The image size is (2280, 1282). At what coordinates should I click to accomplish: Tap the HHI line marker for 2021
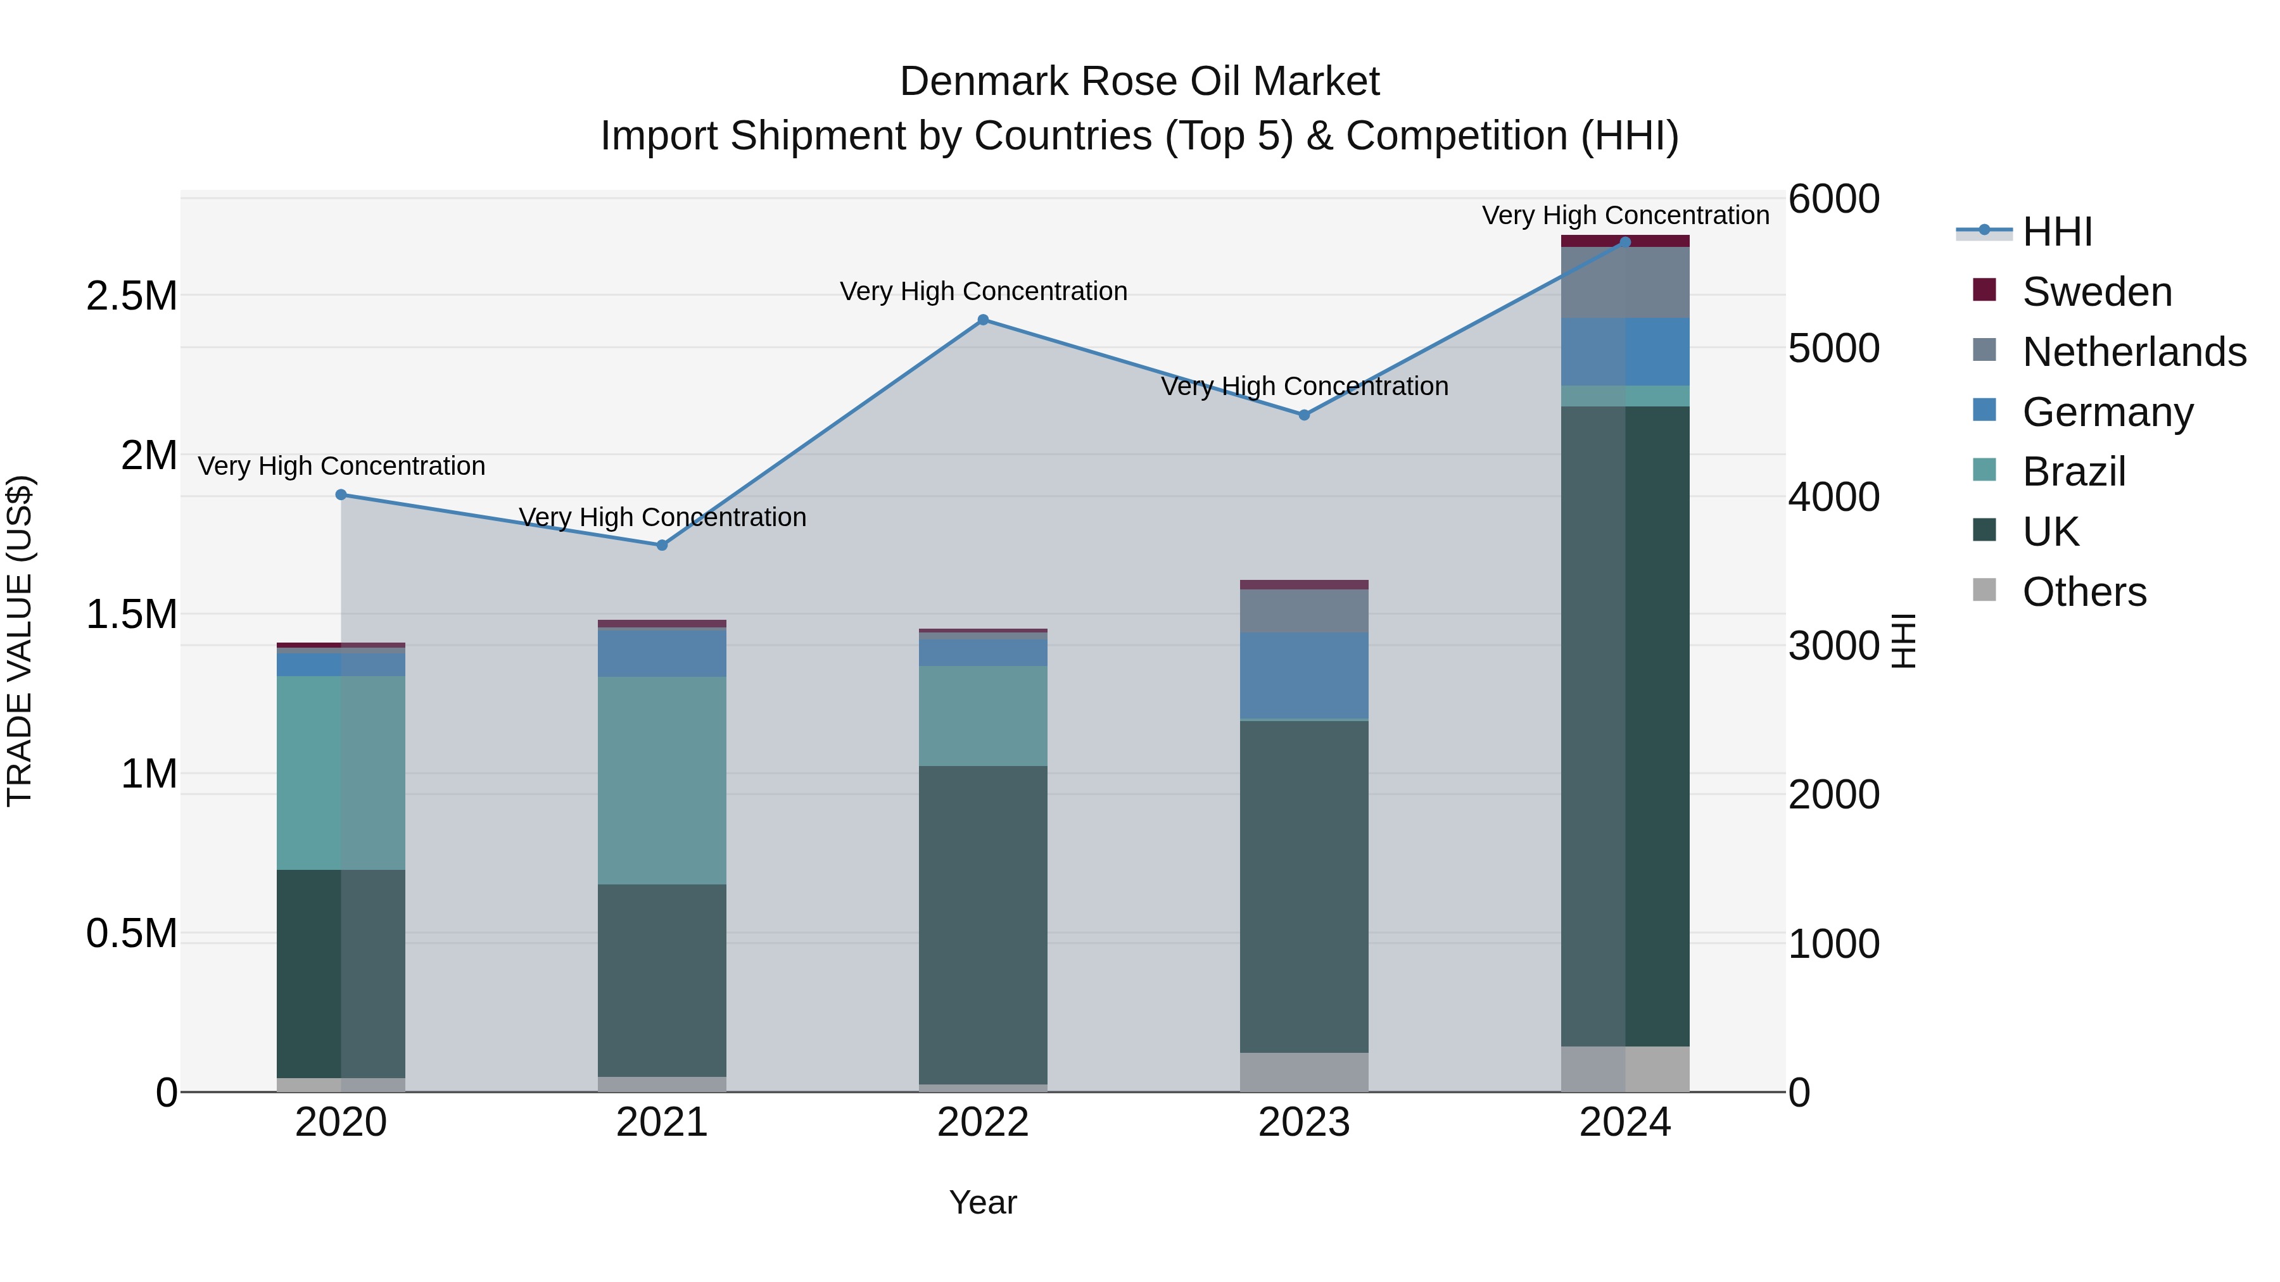coord(661,545)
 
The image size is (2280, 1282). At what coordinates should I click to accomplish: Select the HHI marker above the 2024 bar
coord(1625,242)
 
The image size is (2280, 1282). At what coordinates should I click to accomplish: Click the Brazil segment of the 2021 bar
coord(661,781)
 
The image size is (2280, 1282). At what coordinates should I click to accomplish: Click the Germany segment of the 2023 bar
coord(1304,676)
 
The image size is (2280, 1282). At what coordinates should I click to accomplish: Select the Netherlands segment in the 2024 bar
coord(1625,282)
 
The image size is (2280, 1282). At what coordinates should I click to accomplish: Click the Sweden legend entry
coord(2096,292)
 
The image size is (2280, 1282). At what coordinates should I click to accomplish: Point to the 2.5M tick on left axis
coord(132,296)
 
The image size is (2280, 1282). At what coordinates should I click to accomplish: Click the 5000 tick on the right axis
coord(1833,349)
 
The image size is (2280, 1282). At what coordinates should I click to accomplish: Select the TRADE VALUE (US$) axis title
coord(20,641)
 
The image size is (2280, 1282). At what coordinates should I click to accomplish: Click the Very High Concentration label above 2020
coord(341,466)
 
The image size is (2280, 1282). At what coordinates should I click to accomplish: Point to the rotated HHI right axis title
coord(1903,641)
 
